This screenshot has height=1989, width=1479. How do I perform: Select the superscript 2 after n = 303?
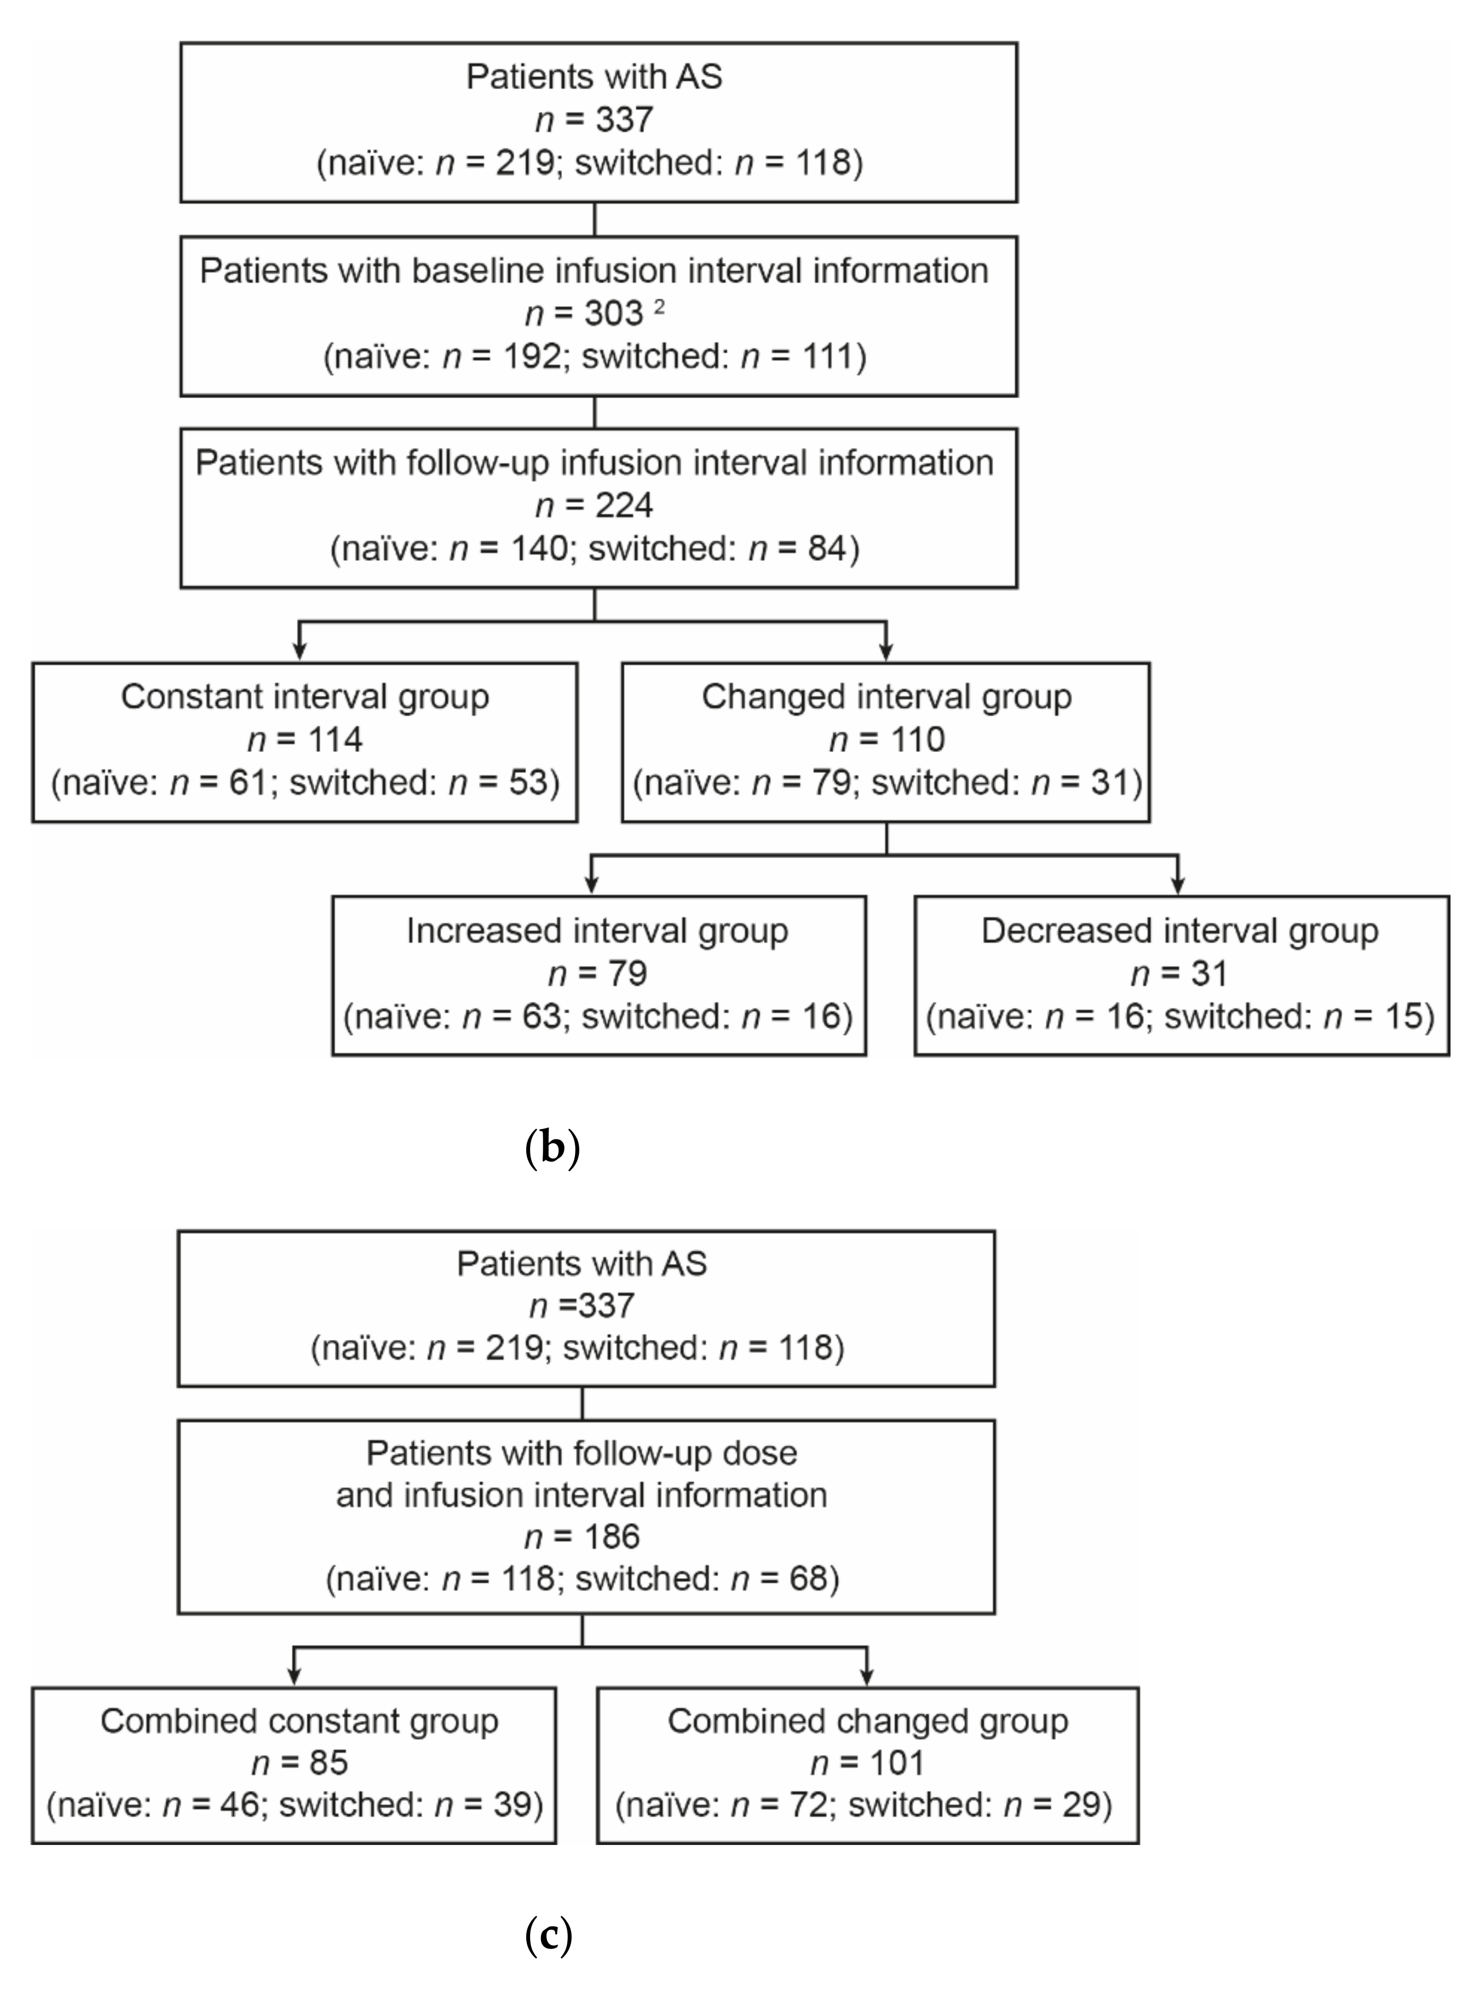[660, 308]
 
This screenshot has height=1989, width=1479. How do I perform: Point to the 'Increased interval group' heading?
[597, 931]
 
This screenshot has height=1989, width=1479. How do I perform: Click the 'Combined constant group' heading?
[299, 1721]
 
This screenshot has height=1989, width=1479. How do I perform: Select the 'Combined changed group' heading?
[867, 1721]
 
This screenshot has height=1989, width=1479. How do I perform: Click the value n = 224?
[595, 506]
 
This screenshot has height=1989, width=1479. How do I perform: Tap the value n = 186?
[582, 1537]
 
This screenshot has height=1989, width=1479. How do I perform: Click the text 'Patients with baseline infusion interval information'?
[595, 271]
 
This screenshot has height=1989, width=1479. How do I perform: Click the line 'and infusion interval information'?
[582, 1495]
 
